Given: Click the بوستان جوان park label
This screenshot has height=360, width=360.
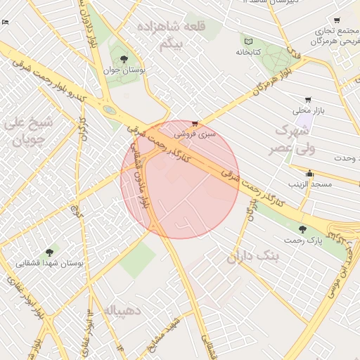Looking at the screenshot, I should click(124, 70).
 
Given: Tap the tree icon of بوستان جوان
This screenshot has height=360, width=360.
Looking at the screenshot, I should click(124, 59).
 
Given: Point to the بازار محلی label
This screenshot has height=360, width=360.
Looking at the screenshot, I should click(307, 110).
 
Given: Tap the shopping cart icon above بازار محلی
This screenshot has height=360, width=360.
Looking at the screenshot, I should click(307, 100).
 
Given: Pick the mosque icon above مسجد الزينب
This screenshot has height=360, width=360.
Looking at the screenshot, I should click(309, 173).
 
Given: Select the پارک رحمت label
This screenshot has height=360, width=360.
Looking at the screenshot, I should click(303, 240).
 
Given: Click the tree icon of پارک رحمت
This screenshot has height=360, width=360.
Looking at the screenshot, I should click(302, 229).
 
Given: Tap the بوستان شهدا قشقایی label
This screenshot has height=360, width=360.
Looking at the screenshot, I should click(51, 262).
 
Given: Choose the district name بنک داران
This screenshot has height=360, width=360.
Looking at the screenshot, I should click(253, 257).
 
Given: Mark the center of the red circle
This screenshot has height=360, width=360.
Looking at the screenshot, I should click(181, 180).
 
